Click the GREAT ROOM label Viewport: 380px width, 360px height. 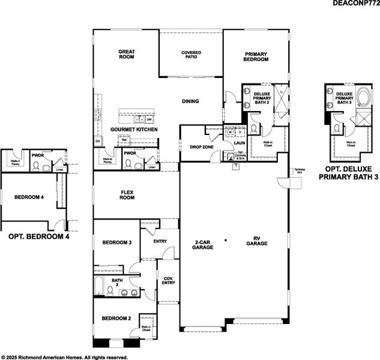click(125, 55)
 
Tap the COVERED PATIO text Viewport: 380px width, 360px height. click(191, 55)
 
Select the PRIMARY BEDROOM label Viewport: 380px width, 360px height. click(255, 57)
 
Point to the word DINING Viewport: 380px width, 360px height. click(190, 101)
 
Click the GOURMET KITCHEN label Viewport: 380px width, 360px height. click(134, 130)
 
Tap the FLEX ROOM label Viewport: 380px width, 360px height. click(126, 195)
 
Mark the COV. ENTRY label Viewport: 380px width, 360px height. click(167, 281)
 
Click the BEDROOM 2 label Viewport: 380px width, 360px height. click(116, 318)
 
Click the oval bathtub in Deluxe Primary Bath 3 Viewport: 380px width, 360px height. click(363, 97)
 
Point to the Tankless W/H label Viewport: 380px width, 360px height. click(298, 171)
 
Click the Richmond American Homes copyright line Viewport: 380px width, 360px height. click(65, 356)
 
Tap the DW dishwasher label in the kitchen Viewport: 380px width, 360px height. click(148, 119)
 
